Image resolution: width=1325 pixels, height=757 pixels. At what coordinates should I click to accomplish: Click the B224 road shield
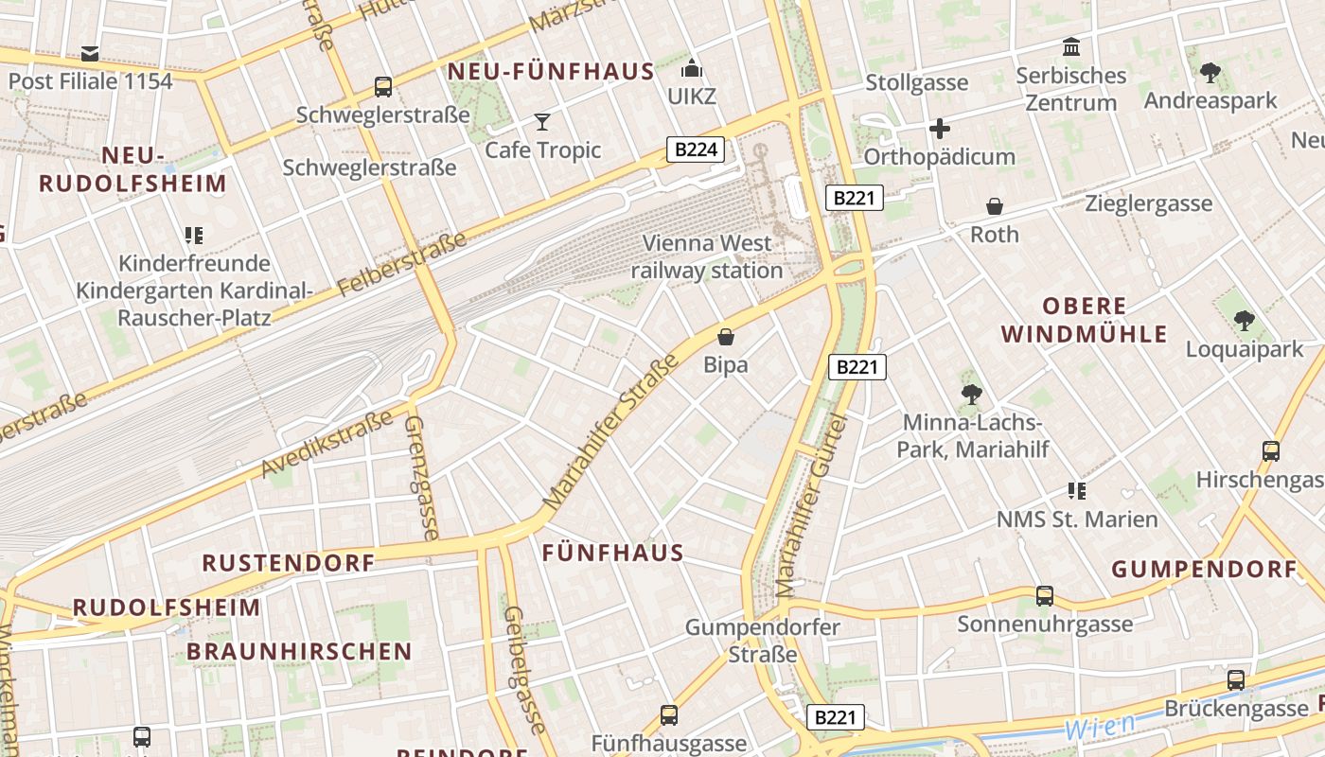coord(696,149)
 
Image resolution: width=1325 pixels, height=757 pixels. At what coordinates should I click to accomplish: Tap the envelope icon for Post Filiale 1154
coord(90,53)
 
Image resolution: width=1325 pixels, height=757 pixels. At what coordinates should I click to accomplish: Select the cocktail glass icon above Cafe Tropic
coord(542,121)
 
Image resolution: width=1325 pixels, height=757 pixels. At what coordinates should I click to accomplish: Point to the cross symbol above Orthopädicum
coord(939,129)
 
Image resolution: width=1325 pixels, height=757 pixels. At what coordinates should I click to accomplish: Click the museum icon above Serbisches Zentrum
coord(1071,46)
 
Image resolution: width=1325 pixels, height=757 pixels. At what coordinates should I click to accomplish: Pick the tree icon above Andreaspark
coord(1210,72)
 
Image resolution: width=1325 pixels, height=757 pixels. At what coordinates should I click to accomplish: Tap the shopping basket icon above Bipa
coord(726,336)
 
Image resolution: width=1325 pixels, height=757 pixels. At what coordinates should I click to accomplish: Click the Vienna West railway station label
coord(707,256)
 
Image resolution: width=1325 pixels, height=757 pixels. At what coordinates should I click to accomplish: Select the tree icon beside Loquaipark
coord(1245,321)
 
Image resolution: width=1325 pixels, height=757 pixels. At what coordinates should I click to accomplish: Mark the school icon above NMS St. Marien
coord(1076,490)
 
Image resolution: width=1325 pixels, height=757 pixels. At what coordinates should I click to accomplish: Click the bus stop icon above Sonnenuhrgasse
coord(1044,595)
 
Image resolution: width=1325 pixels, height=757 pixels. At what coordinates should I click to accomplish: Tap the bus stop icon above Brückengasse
coord(1235,679)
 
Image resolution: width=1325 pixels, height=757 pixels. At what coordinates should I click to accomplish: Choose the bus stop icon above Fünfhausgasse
coord(669,714)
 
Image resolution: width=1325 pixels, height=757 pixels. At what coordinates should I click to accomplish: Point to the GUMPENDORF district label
coord(1204,570)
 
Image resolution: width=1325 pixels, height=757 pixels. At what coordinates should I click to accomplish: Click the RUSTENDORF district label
coord(289,563)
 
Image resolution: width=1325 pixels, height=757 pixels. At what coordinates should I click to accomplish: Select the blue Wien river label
coord(1100,727)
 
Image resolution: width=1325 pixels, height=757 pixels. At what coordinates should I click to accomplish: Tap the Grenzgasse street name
coord(421,477)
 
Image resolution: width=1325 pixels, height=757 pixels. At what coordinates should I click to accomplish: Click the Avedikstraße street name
coord(327,445)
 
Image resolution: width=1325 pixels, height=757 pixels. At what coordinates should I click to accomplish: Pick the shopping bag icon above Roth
coord(995,205)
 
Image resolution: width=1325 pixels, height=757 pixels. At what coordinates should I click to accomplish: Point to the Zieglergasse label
coord(1148,203)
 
